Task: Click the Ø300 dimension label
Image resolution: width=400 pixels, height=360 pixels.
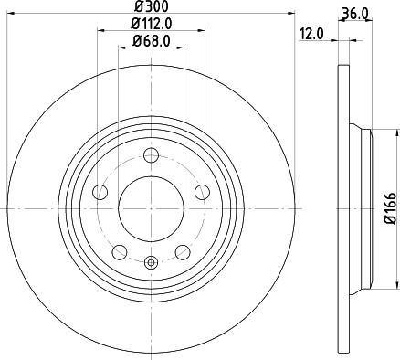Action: click(151, 6)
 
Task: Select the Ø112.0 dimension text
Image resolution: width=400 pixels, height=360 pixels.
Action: click(152, 24)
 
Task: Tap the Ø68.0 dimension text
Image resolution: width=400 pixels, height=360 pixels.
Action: click(151, 41)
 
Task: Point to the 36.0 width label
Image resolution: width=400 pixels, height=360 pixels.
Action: click(355, 13)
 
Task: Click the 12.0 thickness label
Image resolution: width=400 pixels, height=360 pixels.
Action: click(311, 33)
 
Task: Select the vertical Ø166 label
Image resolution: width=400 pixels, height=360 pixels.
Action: click(390, 208)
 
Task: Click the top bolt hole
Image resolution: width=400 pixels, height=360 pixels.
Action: click(151, 155)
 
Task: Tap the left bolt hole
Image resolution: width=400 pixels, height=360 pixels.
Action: click(100, 193)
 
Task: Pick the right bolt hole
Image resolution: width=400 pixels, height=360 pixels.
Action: click(202, 193)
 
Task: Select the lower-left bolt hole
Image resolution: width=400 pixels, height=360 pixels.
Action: click(120, 252)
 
